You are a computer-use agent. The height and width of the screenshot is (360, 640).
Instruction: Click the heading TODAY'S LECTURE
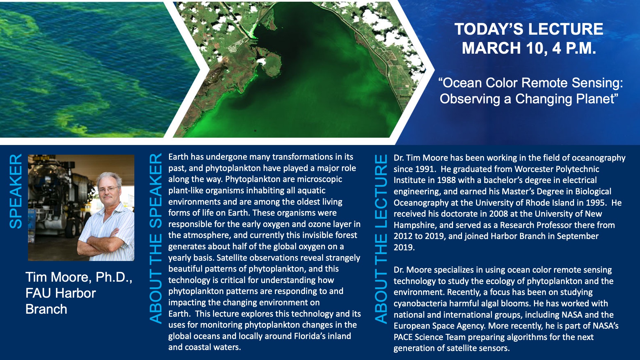click(x=529, y=29)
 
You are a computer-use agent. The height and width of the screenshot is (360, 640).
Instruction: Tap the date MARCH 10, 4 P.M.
click(x=529, y=48)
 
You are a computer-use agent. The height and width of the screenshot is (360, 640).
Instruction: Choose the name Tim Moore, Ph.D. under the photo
click(x=79, y=277)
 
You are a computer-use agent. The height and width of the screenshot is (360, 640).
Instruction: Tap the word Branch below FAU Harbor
click(x=46, y=309)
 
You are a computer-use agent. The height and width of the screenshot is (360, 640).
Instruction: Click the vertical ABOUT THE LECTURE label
click(x=381, y=239)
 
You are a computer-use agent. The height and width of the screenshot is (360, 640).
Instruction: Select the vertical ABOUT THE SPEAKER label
click(x=156, y=239)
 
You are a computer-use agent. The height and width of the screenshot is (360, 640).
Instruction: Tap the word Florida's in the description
click(x=310, y=336)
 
